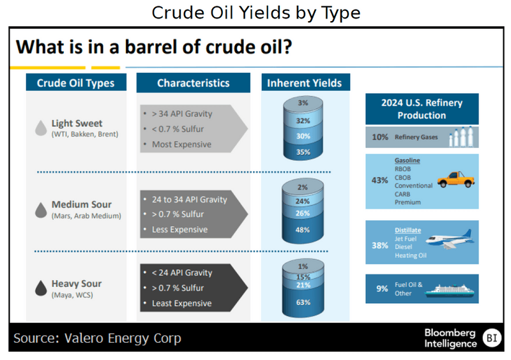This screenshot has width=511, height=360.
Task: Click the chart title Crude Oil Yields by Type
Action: [256, 13]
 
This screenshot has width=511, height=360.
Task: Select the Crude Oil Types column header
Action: [76, 83]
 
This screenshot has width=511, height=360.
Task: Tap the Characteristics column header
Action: [193, 83]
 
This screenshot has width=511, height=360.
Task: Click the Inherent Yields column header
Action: [304, 83]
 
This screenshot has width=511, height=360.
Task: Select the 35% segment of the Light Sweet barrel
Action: [303, 152]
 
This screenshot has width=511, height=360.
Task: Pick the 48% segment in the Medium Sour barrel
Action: [303, 229]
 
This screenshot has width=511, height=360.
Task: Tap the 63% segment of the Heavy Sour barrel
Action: [303, 302]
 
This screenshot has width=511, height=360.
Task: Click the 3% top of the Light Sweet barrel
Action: [303, 103]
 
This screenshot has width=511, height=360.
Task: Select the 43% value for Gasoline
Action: [379, 180]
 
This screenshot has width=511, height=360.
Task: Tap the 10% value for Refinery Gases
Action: [379, 137]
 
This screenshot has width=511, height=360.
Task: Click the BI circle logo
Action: [491, 338]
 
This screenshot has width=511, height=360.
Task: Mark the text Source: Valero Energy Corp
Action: [97, 338]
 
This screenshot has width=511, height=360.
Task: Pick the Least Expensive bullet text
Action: [181, 303]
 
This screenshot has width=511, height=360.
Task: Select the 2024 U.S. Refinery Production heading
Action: [422, 109]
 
